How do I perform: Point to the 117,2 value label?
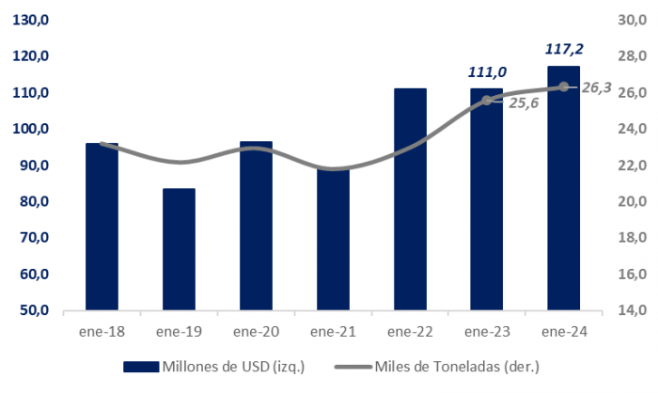coord(563,48)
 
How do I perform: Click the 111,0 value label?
coord(487,71)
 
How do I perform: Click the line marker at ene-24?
coord(563,86)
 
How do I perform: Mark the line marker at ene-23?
coord(487,100)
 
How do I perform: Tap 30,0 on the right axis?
coord(628,20)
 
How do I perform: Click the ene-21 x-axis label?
coord(333,331)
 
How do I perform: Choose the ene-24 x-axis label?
coord(563,331)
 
